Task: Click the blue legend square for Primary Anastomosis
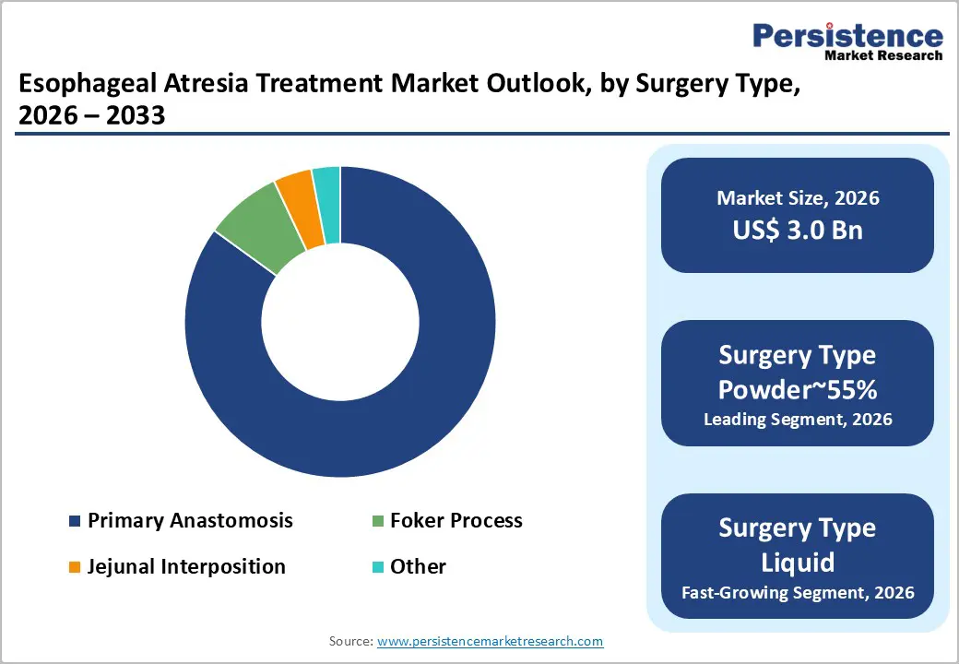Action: pos(75,522)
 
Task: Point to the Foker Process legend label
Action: pos(456,521)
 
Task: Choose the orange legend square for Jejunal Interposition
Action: pos(75,567)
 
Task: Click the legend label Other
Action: pos(418,566)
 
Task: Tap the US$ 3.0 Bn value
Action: pos(798,230)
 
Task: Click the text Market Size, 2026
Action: pos(798,198)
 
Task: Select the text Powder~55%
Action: pos(798,389)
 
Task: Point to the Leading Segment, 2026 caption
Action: pos(798,420)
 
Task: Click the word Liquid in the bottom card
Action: pos(798,562)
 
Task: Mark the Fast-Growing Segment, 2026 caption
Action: pos(798,592)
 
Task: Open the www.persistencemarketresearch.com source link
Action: pos(490,641)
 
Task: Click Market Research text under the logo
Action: pos(882,55)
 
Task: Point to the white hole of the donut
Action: pos(339,322)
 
